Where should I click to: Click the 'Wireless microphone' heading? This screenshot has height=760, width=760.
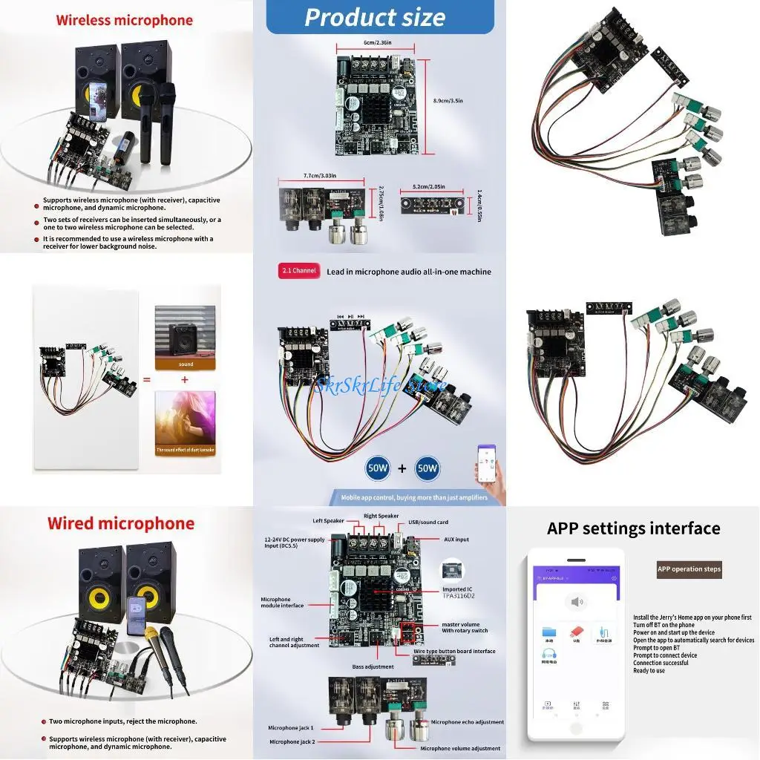124,20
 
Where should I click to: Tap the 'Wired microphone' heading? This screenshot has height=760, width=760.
121,523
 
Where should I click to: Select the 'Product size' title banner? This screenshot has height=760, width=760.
375,17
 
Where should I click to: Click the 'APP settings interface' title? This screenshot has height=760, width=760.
633,528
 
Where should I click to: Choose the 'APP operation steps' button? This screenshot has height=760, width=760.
689,569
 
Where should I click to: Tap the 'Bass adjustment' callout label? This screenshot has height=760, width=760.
373,666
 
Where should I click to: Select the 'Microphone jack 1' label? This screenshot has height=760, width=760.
291,728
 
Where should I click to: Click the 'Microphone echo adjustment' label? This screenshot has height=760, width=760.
467,721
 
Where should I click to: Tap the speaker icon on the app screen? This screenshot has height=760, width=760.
575,601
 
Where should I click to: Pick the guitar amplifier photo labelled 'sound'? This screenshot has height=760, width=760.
185,332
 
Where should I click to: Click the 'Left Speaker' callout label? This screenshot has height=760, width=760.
330,520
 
